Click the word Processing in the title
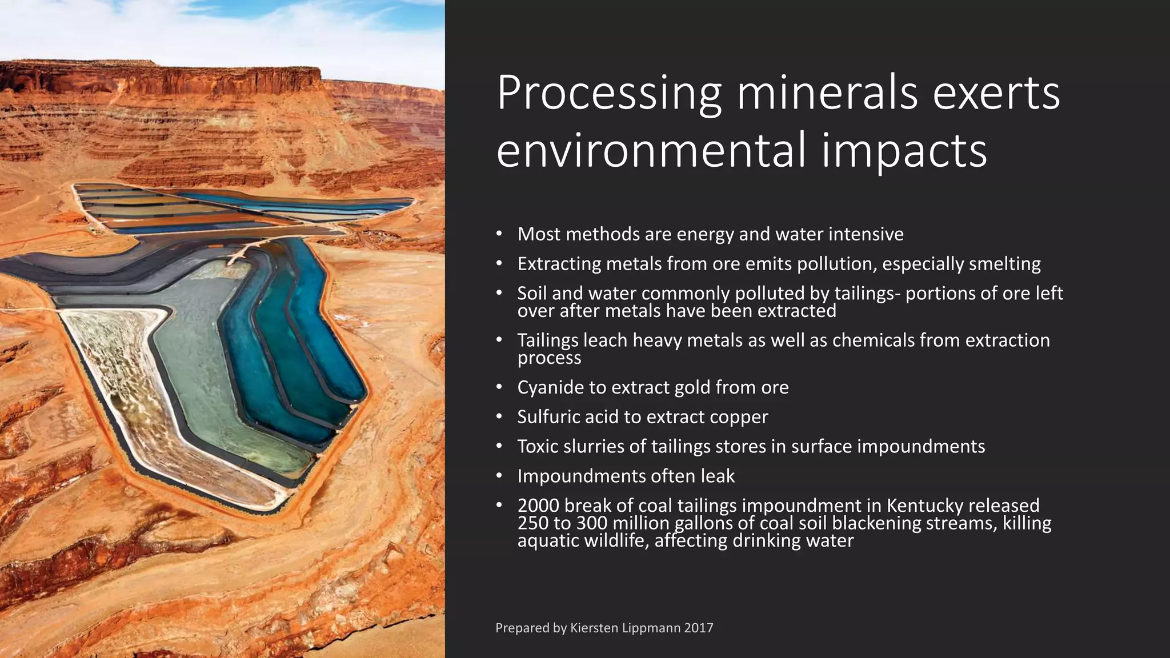coord(609,94)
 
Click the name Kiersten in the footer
coord(594,628)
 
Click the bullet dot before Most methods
coord(499,234)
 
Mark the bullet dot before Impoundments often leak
coord(499,476)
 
